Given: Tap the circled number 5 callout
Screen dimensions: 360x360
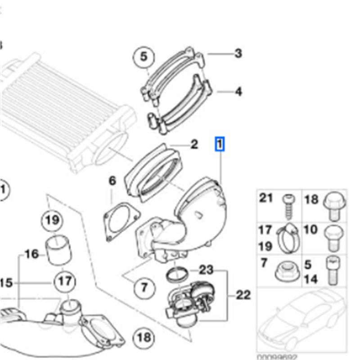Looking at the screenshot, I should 144,57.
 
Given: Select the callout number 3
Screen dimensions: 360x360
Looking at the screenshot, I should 238,54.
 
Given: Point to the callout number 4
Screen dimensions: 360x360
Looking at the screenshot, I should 238,92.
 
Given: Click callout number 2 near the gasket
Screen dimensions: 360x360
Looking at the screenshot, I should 194,144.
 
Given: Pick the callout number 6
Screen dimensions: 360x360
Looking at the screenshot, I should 112,181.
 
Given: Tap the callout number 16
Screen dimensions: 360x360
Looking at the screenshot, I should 31,255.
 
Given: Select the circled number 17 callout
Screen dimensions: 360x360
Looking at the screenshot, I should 65,282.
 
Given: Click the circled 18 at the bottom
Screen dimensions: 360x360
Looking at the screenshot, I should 144,337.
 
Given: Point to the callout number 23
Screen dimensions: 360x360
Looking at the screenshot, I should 206,270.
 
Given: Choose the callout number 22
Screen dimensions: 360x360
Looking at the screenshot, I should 243,295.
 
